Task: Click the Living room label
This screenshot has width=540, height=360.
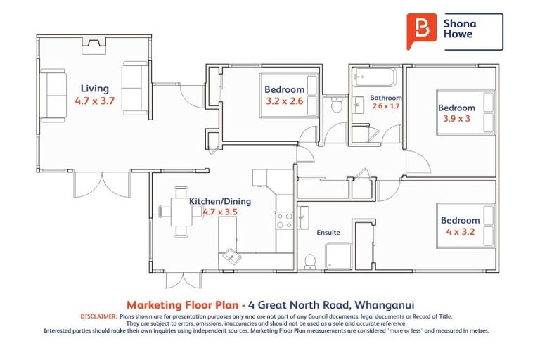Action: pyautogui.click(x=94, y=89)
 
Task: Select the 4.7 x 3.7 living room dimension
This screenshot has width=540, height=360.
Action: pyautogui.click(x=94, y=101)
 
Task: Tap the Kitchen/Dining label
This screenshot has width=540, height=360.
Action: pyautogui.click(x=219, y=200)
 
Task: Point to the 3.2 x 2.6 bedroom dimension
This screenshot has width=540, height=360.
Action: pyautogui.click(x=285, y=101)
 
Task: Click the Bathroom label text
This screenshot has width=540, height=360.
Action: pyautogui.click(x=386, y=98)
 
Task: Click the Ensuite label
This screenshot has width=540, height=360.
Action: pyautogui.click(x=328, y=232)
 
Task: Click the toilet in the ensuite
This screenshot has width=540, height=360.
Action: pyautogui.click(x=309, y=262)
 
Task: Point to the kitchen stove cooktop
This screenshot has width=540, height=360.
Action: pyautogui.click(x=284, y=221)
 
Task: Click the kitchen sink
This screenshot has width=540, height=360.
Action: pyautogui.click(x=231, y=257)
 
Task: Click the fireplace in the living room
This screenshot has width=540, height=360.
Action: pyautogui.click(x=94, y=46)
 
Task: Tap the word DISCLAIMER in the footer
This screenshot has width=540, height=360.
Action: pyautogui.click(x=98, y=317)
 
